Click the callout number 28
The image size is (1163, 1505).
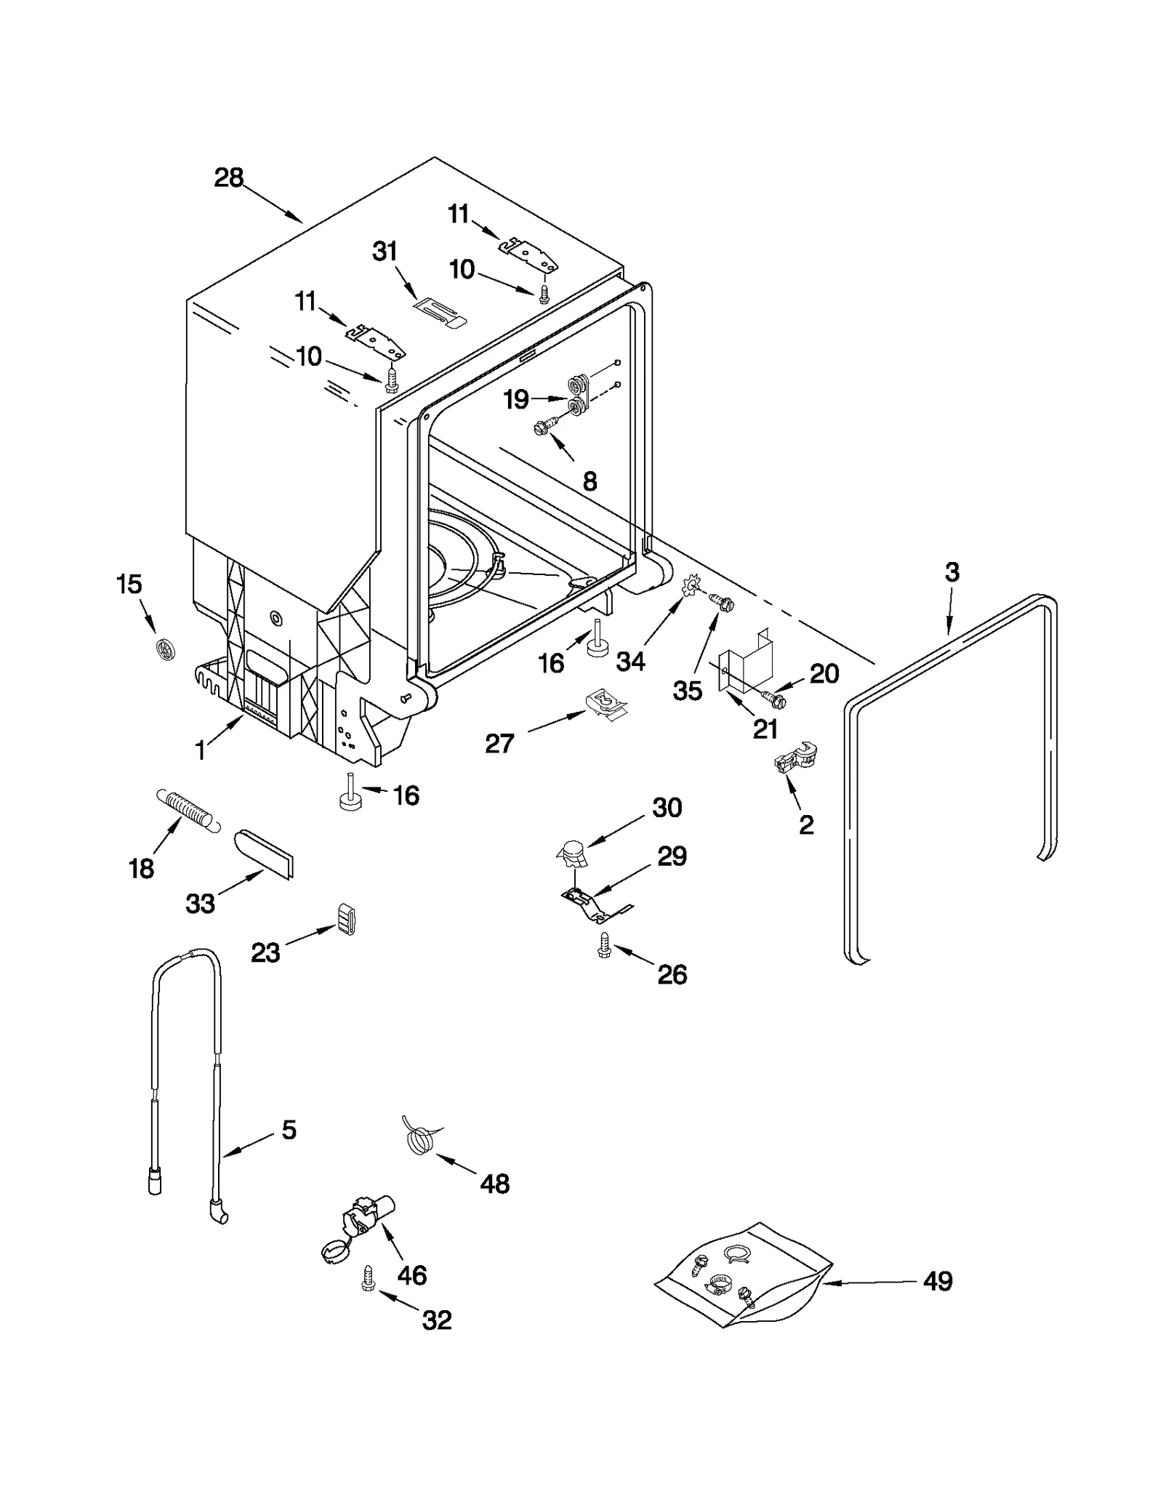click(228, 178)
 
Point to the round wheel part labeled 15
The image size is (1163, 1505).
click(166, 649)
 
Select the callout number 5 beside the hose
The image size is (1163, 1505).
click(289, 1130)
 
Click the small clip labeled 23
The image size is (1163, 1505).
click(346, 918)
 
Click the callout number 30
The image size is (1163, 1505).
click(667, 808)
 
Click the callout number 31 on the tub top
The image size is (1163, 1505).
click(385, 252)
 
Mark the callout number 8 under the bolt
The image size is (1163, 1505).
click(589, 481)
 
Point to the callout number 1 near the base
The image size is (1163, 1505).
click(201, 751)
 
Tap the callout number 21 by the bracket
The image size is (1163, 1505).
click(765, 729)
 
